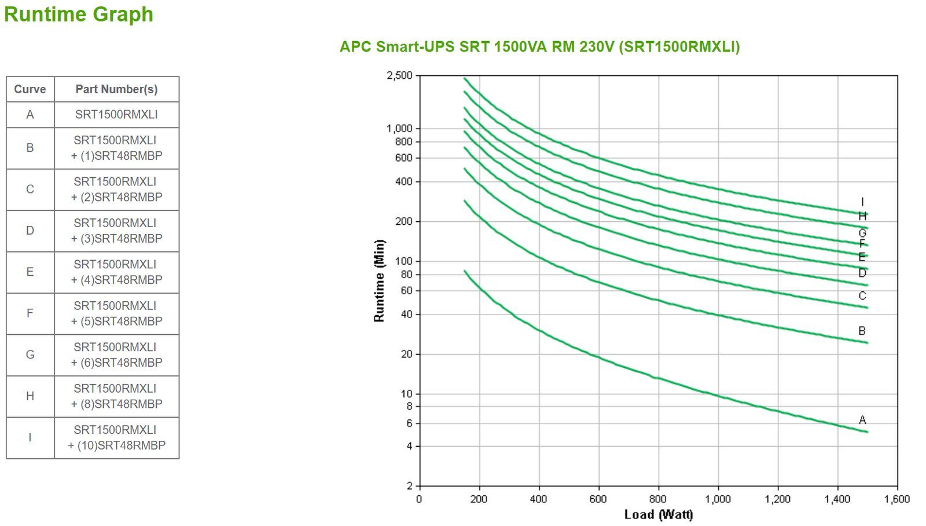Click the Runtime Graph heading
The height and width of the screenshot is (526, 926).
coord(79,14)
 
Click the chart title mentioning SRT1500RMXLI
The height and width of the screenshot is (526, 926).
coord(539,46)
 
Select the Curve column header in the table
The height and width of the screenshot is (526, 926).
coord(30,89)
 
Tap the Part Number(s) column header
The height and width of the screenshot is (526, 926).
coord(116,89)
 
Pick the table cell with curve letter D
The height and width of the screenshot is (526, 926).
coord(30,231)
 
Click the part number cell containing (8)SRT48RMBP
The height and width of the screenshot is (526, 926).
coord(116,396)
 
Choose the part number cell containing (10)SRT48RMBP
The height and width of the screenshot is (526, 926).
coord(116,438)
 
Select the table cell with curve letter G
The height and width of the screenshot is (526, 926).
coord(30,355)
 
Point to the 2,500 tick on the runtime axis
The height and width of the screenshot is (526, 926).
coord(399,76)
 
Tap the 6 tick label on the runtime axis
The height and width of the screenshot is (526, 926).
coord(409,423)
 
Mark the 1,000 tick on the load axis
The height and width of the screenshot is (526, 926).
coord(718,499)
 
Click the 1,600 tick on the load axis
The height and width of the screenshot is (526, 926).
coord(897,499)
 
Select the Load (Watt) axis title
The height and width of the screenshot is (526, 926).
coord(658,514)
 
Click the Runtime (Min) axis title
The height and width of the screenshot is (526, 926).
coord(379,280)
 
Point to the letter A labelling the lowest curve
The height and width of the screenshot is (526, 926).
coord(862,420)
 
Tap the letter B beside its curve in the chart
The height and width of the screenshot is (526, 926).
coord(862,331)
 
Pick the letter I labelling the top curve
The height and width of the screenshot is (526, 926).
coord(862,202)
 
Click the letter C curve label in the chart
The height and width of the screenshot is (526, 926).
coord(862,296)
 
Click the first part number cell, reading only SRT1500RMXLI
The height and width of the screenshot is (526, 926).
coord(116,115)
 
